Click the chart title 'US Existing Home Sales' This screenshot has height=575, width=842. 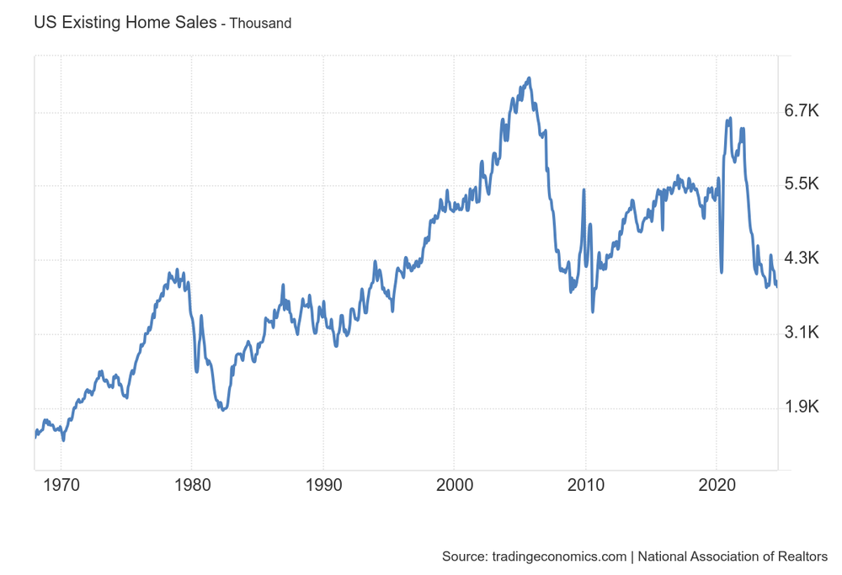click(124, 23)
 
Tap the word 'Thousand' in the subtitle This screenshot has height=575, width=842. click(261, 24)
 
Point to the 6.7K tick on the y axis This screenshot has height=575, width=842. click(801, 111)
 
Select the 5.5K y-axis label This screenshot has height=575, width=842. click(801, 185)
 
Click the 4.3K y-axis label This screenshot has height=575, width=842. click(801, 258)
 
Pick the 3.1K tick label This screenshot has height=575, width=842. click(801, 333)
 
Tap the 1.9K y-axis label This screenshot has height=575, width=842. click(801, 407)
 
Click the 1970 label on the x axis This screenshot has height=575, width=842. click(60, 486)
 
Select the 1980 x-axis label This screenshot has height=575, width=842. click(191, 486)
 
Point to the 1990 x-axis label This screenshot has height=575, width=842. click(322, 486)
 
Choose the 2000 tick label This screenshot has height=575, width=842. click(454, 486)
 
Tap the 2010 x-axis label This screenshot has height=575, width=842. click(585, 486)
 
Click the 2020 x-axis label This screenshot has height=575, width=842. click(717, 486)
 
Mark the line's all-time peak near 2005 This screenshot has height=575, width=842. click(529, 78)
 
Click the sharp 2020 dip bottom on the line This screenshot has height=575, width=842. click(722, 272)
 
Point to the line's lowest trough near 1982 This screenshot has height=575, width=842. click(223, 410)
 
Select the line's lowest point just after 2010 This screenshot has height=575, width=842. click(593, 311)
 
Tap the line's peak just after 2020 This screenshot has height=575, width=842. click(730, 119)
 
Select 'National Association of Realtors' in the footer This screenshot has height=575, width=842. click(733, 556)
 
